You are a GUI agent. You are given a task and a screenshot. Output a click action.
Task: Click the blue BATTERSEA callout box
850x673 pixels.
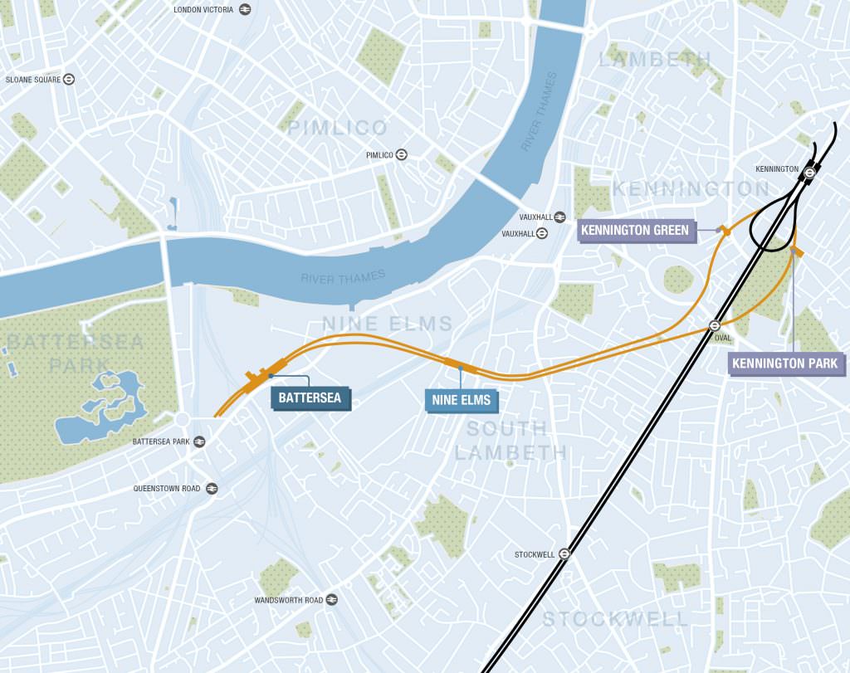311,398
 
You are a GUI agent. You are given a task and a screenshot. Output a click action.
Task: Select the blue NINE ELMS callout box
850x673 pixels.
461,400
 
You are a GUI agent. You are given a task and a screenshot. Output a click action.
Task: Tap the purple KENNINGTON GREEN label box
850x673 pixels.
636,230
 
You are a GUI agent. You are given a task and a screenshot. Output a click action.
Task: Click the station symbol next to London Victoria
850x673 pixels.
245,9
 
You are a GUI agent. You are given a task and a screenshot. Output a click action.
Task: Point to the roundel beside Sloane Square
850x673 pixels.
69,80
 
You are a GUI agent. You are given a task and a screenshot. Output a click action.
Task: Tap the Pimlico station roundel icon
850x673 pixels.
401,155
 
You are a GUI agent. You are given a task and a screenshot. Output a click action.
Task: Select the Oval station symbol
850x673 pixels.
714,325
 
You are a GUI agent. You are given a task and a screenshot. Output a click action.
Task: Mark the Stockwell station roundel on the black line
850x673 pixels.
564,554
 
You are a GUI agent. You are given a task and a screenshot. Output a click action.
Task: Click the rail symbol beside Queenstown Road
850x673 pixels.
212,489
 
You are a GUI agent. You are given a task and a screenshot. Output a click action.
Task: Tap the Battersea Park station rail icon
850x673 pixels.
199,441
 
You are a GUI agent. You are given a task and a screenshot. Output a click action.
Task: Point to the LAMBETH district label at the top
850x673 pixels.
656,59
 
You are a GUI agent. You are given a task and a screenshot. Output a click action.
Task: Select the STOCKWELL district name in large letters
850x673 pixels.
615,619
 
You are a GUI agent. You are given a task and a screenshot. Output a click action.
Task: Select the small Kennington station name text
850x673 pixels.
776,169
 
